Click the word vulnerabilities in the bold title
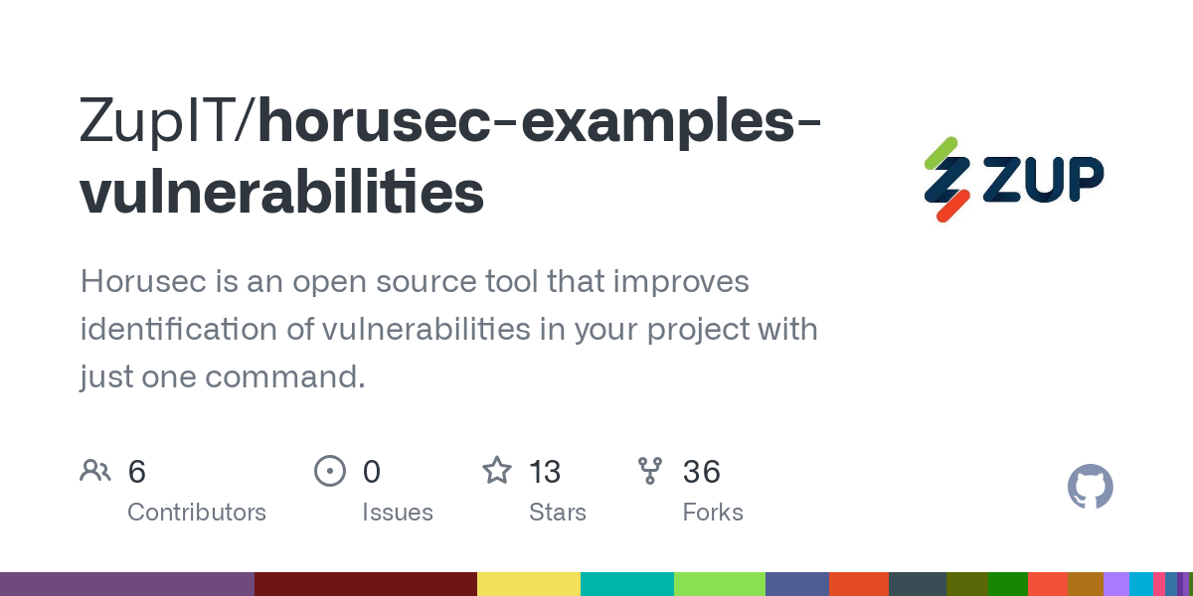[x=282, y=193]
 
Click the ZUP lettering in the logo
[x=1044, y=180]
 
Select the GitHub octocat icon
[x=1090, y=487]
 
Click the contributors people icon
[x=95, y=471]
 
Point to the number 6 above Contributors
[x=137, y=472]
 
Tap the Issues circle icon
[x=329, y=471]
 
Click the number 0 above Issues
[x=372, y=472]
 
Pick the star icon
[x=496, y=471]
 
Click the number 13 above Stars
[x=545, y=472]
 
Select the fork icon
[x=650, y=471]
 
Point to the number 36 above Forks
[x=701, y=472]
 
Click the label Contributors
[x=197, y=513]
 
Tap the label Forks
[x=713, y=513]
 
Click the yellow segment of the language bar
[x=529, y=584]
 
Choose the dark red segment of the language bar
[x=366, y=584]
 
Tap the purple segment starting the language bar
[x=127, y=584]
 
